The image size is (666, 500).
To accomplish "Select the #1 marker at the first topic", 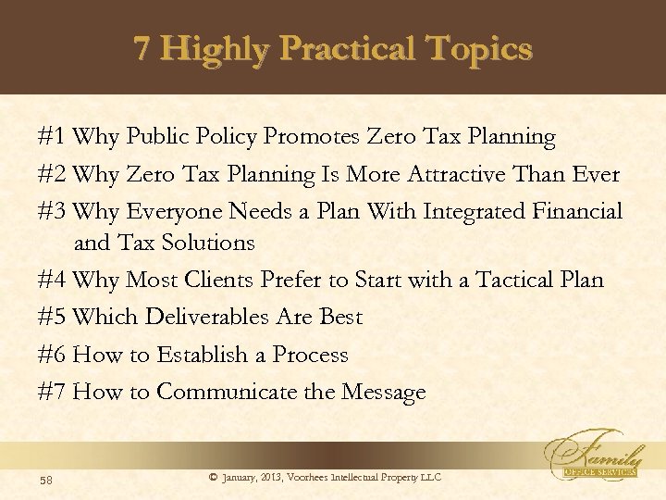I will [52, 138].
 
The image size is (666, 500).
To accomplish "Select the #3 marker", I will [52, 212].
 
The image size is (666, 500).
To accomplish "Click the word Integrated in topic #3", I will [475, 212].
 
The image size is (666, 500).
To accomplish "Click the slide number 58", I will [45, 479].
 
